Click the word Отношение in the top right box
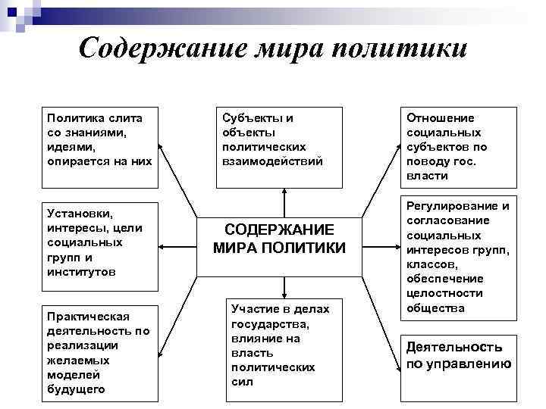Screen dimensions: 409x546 (440, 118)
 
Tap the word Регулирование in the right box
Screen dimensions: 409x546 (458, 206)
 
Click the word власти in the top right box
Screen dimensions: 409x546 (427, 176)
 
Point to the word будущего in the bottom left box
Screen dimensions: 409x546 (76, 389)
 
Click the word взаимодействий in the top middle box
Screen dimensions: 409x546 (271, 161)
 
